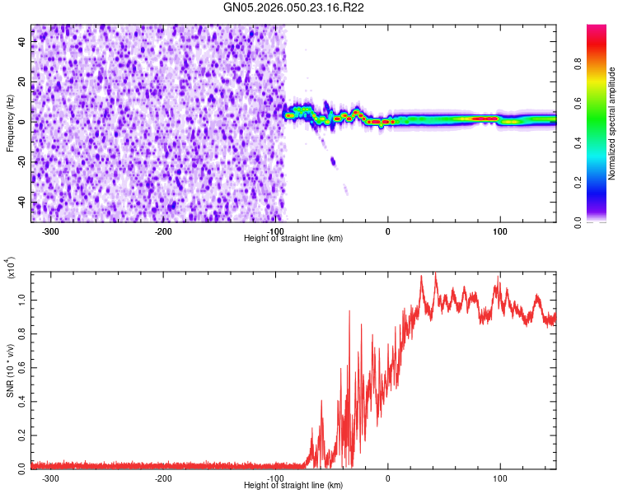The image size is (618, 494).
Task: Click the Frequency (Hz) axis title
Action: pos(10,123)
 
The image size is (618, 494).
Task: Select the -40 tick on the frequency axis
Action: pos(21,203)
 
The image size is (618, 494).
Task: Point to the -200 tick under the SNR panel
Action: pos(163,478)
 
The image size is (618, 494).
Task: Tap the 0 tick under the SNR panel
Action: pos(388,478)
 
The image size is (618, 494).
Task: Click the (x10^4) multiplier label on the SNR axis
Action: pos(12,268)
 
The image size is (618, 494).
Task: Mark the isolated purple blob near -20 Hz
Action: pos(334,161)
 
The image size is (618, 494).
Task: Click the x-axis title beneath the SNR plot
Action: pos(293,486)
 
